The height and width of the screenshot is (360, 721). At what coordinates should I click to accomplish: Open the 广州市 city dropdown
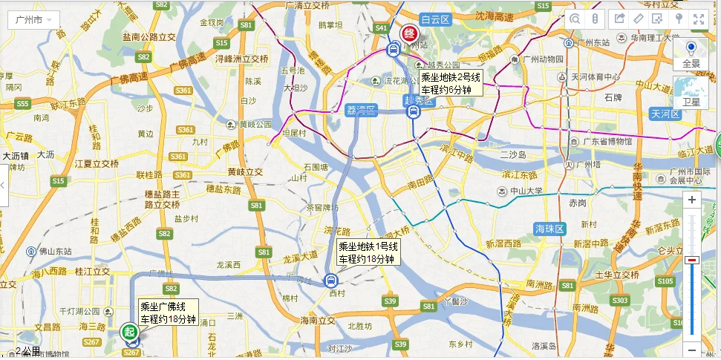point(33,19)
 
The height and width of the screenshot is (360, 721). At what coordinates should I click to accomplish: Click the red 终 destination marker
point(408,33)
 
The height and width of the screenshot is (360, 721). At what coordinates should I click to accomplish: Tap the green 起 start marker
point(129,332)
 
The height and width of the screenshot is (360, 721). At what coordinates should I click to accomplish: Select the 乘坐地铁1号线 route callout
point(369,252)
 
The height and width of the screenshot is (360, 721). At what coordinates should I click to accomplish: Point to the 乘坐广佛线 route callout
point(169,312)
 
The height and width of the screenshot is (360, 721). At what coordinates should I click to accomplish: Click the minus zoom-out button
point(692,350)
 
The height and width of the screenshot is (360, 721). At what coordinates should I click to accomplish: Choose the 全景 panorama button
point(691,55)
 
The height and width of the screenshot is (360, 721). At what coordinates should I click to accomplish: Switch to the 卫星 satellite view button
point(691,93)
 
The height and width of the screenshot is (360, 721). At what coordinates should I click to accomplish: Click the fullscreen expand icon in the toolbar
point(699,19)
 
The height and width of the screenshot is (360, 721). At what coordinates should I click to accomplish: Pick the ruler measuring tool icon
point(596,19)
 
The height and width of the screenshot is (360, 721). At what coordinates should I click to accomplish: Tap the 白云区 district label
point(435,19)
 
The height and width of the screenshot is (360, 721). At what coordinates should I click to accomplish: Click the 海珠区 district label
point(550,227)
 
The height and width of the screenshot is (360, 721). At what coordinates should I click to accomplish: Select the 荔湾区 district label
point(362,110)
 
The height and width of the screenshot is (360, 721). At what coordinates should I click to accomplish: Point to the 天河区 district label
point(665,114)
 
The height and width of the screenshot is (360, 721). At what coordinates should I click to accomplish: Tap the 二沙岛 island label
point(512,155)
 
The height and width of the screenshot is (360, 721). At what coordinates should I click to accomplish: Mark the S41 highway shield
point(382,27)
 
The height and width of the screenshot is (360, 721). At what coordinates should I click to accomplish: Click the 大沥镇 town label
point(16,156)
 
